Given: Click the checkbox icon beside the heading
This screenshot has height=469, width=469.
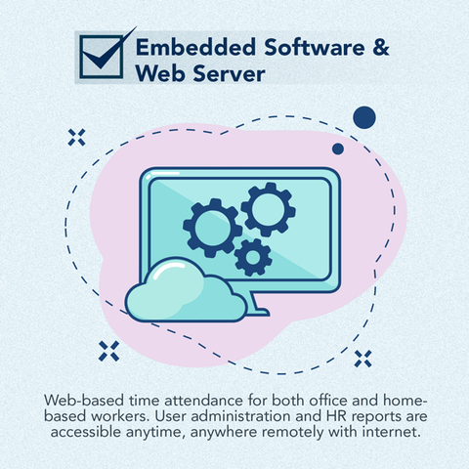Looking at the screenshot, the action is [x=102, y=57].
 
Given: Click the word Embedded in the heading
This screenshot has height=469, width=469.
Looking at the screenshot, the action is [x=195, y=47].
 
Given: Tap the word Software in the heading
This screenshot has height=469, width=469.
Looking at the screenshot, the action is [x=315, y=47].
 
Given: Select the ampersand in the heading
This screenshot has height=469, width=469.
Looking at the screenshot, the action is [x=380, y=47].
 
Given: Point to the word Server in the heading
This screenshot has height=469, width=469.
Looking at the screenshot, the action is [x=229, y=73].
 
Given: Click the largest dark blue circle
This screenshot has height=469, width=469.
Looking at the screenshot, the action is [x=364, y=117].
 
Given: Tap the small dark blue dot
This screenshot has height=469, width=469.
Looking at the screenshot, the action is [x=338, y=149].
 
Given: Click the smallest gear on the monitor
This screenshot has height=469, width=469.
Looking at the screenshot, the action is [x=253, y=257].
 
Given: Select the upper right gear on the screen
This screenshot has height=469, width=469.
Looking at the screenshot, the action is [x=269, y=209].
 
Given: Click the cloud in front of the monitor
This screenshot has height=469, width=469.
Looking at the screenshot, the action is [x=186, y=290].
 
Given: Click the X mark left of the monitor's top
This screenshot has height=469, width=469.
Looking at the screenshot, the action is [x=76, y=137].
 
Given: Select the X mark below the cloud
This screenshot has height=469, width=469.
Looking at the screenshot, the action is [x=108, y=351].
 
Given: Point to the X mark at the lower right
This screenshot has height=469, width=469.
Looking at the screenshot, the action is [x=362, y=359].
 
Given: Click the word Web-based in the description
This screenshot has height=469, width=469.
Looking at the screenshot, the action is [x=84, y=401].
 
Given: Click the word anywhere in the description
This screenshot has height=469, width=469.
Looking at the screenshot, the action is [x=225, y=433].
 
